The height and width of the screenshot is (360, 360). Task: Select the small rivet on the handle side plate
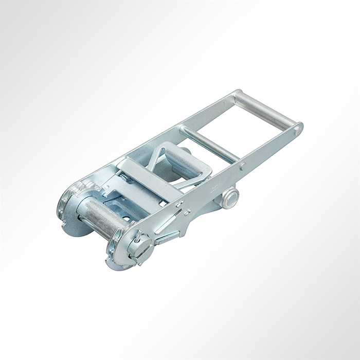click(x=243, y=166)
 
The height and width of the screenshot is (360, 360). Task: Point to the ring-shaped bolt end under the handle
click(x=230, y=197)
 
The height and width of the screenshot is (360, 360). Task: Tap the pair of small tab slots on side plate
click(x=183, y=208)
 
